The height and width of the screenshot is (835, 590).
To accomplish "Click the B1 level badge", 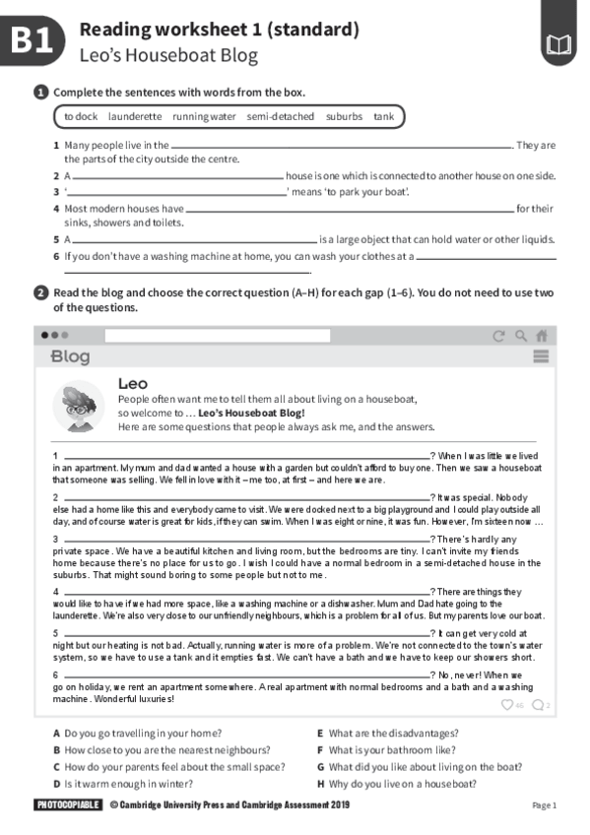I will tap(34, 42).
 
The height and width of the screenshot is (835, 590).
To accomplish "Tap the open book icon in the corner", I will tap(557, 44).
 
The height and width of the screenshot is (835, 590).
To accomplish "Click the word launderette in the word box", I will tap(135, 116).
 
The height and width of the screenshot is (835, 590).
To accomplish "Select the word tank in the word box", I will tap(383, 116).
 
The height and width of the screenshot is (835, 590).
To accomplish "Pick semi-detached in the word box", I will tap(281, 116).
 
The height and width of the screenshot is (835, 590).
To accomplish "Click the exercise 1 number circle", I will tap(40, 92).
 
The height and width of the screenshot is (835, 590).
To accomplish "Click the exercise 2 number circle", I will tap(40, 292).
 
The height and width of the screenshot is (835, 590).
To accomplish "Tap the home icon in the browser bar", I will tap(541, 335).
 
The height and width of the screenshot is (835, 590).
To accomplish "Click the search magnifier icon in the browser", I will tap(520, 335).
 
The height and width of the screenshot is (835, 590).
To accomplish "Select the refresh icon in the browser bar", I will tap(498, 335).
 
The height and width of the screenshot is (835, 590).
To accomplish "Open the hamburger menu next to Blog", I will tap(541, 356).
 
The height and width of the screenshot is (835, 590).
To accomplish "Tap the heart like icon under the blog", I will tap(507, 704).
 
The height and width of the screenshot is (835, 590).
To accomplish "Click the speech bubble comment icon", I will tap(537, 704).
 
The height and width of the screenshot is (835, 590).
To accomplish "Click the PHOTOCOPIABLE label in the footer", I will tap(68, 805).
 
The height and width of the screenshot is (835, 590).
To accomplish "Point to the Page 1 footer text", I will tap(544, 805).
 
